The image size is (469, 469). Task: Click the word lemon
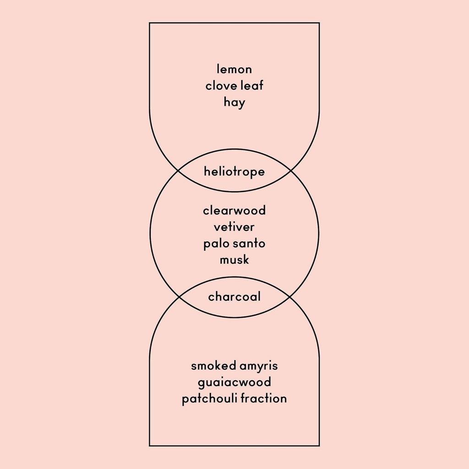click(234, 70)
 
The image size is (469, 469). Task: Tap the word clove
click(221, 86)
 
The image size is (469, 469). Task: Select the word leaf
click(252, 86)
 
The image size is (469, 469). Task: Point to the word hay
click(234, 103)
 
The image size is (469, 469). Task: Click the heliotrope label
click(234, 172)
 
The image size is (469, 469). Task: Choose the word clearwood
click(234, 211)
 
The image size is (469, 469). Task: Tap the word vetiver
click(234, 227)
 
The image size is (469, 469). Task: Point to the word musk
click(234, 260)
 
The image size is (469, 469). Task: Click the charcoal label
click(234, 297)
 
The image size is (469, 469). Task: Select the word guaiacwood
click(234, 382)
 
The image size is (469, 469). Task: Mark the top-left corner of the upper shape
click(150, 23)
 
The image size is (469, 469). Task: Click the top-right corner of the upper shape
click(319, 23)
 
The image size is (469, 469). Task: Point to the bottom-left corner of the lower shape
click(150, 446)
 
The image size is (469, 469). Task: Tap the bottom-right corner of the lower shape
click(319, 446)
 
